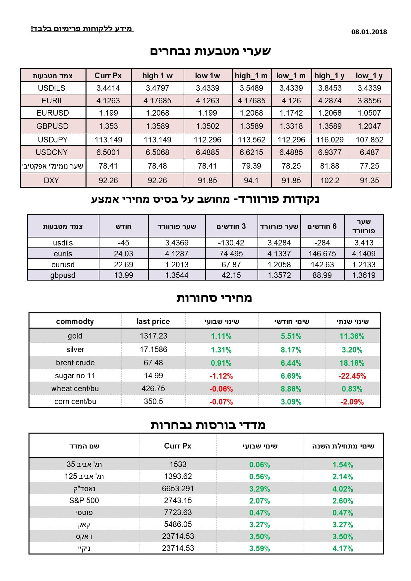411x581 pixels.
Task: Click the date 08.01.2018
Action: point(369,32)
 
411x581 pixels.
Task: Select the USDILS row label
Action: point(52,88)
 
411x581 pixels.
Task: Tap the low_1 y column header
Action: point(369,76)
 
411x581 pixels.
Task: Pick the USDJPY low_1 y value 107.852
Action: point(370,140)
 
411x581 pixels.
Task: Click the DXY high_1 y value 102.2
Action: point(330,181)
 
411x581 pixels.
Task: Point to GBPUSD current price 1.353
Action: point(108,126)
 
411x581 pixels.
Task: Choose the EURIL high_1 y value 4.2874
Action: point(330,101)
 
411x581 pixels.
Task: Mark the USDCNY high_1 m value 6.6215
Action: point(252,152)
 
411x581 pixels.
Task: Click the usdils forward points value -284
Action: point(322,243)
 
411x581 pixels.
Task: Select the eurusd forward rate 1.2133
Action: point(364,265)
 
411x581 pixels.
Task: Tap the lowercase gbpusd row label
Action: point(63,275)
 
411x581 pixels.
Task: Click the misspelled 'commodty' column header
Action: point(75,321)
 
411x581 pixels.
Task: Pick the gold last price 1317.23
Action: point(153,336)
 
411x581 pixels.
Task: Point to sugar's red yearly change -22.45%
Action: point(352,376)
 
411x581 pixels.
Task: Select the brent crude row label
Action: point(75,363)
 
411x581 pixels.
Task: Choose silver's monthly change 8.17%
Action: point(291,350)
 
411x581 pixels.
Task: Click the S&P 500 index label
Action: point(84,501)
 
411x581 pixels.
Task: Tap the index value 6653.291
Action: point(178,489)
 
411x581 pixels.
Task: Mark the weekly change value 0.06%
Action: point(260,465)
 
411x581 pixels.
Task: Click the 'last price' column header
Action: point(153,321)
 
